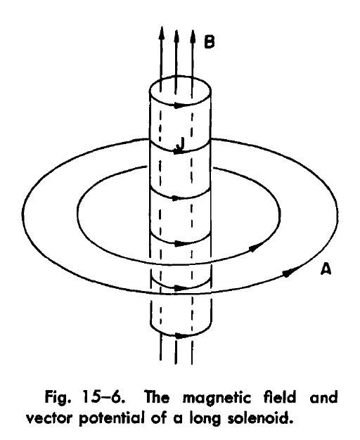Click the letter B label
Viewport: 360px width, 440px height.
click(210, 42)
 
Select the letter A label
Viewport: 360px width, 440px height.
click(326, 268)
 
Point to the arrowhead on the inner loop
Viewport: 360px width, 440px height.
click(256, 248)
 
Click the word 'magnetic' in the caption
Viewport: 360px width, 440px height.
click(217, 398)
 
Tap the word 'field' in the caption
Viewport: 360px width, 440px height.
click(280, 397)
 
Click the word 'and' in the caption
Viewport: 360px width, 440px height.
click(323, 398)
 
